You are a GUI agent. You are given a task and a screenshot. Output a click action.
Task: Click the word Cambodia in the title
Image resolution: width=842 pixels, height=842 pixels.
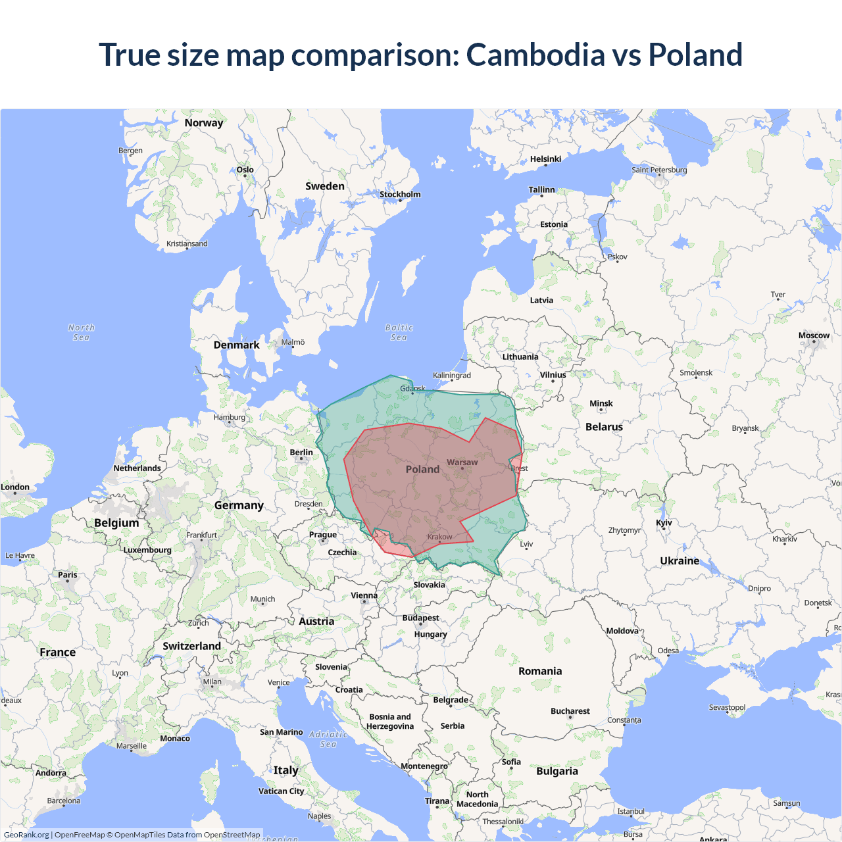tap(536, 55)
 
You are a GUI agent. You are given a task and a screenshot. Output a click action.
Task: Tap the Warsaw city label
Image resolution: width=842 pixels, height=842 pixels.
tap(462, 462)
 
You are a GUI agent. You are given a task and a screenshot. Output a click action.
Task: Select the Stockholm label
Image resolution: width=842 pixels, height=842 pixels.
tap(400, 194)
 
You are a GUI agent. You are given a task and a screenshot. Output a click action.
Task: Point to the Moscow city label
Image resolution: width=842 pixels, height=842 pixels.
tap(814, 335)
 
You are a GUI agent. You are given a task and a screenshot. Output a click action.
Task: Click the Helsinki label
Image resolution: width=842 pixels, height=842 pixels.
tap(545, 159)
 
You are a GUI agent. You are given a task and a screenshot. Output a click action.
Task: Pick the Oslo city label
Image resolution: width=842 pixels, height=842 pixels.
tap(245, 170)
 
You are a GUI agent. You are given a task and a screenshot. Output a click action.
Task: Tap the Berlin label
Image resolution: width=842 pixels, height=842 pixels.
tap(301, 453)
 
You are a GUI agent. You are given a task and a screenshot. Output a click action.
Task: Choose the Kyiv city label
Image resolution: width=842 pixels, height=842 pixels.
tap(664, 523)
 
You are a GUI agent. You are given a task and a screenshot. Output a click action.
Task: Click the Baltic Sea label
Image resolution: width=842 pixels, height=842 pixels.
tap(399, 332)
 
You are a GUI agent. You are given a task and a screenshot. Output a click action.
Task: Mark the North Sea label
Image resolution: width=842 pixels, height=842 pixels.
tap(81, 332)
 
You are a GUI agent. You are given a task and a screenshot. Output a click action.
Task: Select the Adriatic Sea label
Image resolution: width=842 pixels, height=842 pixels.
tap(328, 739)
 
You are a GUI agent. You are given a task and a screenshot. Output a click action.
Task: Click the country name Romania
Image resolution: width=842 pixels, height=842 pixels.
tap(540, 671)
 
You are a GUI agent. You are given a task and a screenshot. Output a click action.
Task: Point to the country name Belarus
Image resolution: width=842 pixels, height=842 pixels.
tap(604, 427)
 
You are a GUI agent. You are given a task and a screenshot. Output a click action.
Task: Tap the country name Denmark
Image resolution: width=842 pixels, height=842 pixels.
tap(236, 345)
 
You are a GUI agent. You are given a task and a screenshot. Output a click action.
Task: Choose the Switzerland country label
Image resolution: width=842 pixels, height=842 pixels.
tap(191, 646)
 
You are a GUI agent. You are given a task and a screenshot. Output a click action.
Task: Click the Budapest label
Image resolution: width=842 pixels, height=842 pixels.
tap(420, 618)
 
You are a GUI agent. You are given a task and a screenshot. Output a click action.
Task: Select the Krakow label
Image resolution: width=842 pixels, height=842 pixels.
tap(439, 537)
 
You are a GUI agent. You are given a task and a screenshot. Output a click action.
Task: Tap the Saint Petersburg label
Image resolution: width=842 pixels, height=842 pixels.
tap(659, 170)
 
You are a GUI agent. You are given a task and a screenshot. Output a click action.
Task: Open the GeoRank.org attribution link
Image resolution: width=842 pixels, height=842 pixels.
tap(26, 835)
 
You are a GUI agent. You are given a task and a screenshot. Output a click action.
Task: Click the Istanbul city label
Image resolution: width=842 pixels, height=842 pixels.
tap(631, 811)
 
